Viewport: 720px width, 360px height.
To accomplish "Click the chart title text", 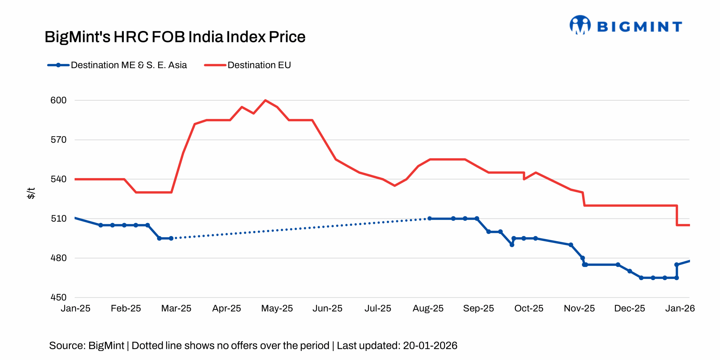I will [175, 37].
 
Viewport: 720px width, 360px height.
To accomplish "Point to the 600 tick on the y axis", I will [58, 100].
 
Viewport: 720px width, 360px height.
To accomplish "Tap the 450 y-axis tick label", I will [58, 297].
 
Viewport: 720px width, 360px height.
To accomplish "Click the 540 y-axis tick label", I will [58, 179].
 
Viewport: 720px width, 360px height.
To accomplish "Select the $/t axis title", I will [31, 193].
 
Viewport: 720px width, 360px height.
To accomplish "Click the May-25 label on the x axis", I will [277, 309].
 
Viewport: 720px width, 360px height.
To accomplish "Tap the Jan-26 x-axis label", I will [680, 309].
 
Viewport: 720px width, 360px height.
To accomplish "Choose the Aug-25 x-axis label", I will [428, 309].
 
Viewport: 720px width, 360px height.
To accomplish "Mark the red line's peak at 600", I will [265, 100].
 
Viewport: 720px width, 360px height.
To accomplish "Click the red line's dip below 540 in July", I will [395, 186].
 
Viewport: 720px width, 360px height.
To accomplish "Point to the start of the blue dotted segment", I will [171, 238].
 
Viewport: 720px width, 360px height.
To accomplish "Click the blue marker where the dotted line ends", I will [429, 218].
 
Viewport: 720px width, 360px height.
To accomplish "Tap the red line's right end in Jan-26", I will [689, 225].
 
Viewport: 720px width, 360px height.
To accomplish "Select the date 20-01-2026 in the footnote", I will [430, 345].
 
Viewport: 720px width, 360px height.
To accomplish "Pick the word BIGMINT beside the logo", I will [639, 27].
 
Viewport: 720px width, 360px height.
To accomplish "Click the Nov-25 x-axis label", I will [579, 309].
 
